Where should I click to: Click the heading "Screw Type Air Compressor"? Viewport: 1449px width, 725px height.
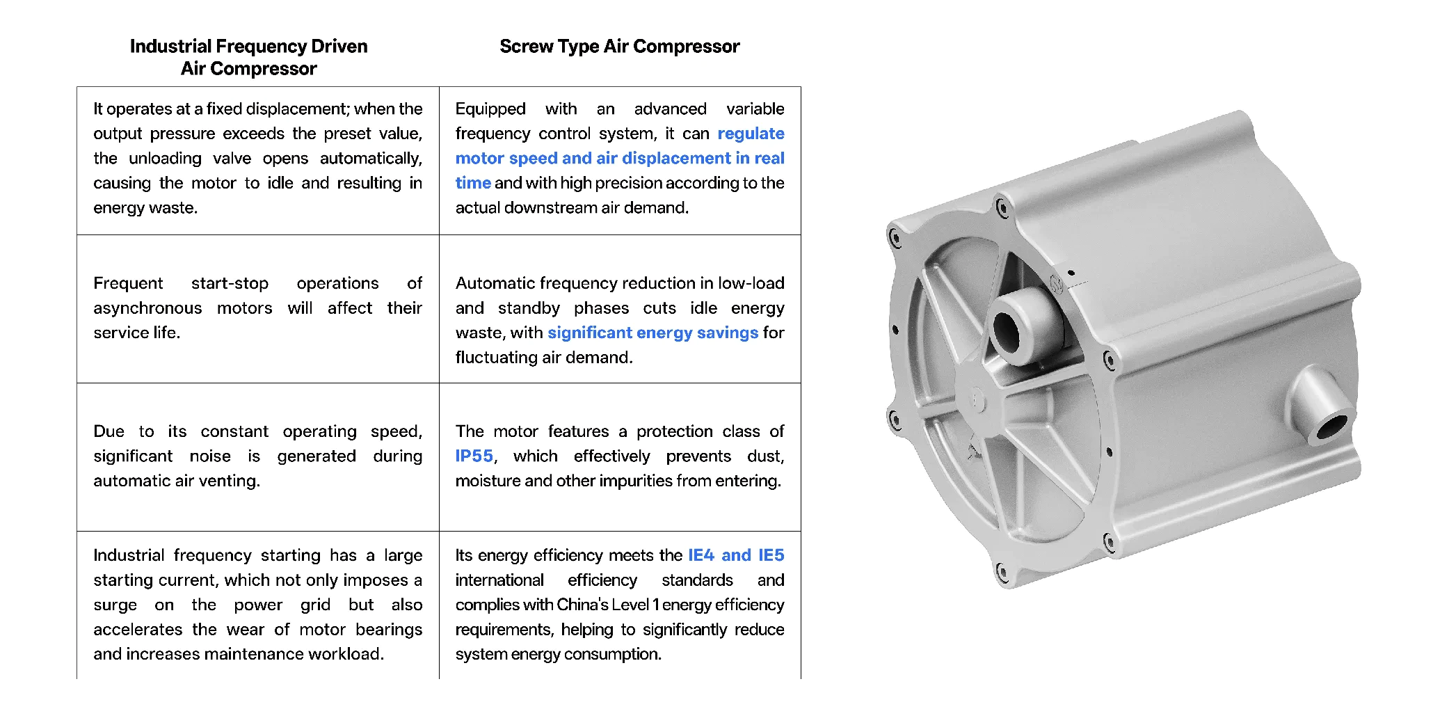coord(619,47)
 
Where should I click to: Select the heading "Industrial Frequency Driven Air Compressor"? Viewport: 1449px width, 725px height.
coord(248,57)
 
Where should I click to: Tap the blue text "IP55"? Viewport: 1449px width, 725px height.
coord(474,456)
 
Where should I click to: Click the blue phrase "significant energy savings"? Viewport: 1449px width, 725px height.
coord(653,333)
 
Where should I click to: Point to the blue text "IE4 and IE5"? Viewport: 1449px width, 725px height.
coord(736,555)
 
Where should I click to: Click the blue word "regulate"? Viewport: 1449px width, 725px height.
coord(751,134)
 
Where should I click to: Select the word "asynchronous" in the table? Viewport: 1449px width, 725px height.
coord(147,308)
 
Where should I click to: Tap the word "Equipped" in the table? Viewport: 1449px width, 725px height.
coord(490,109)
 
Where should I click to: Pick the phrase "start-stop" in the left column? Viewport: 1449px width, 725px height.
coord(230,284)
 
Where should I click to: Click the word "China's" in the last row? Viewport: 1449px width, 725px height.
coord(582,605)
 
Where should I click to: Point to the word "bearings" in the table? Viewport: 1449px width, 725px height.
coord(389,630)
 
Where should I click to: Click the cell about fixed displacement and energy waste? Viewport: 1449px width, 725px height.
coord(257,159)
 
